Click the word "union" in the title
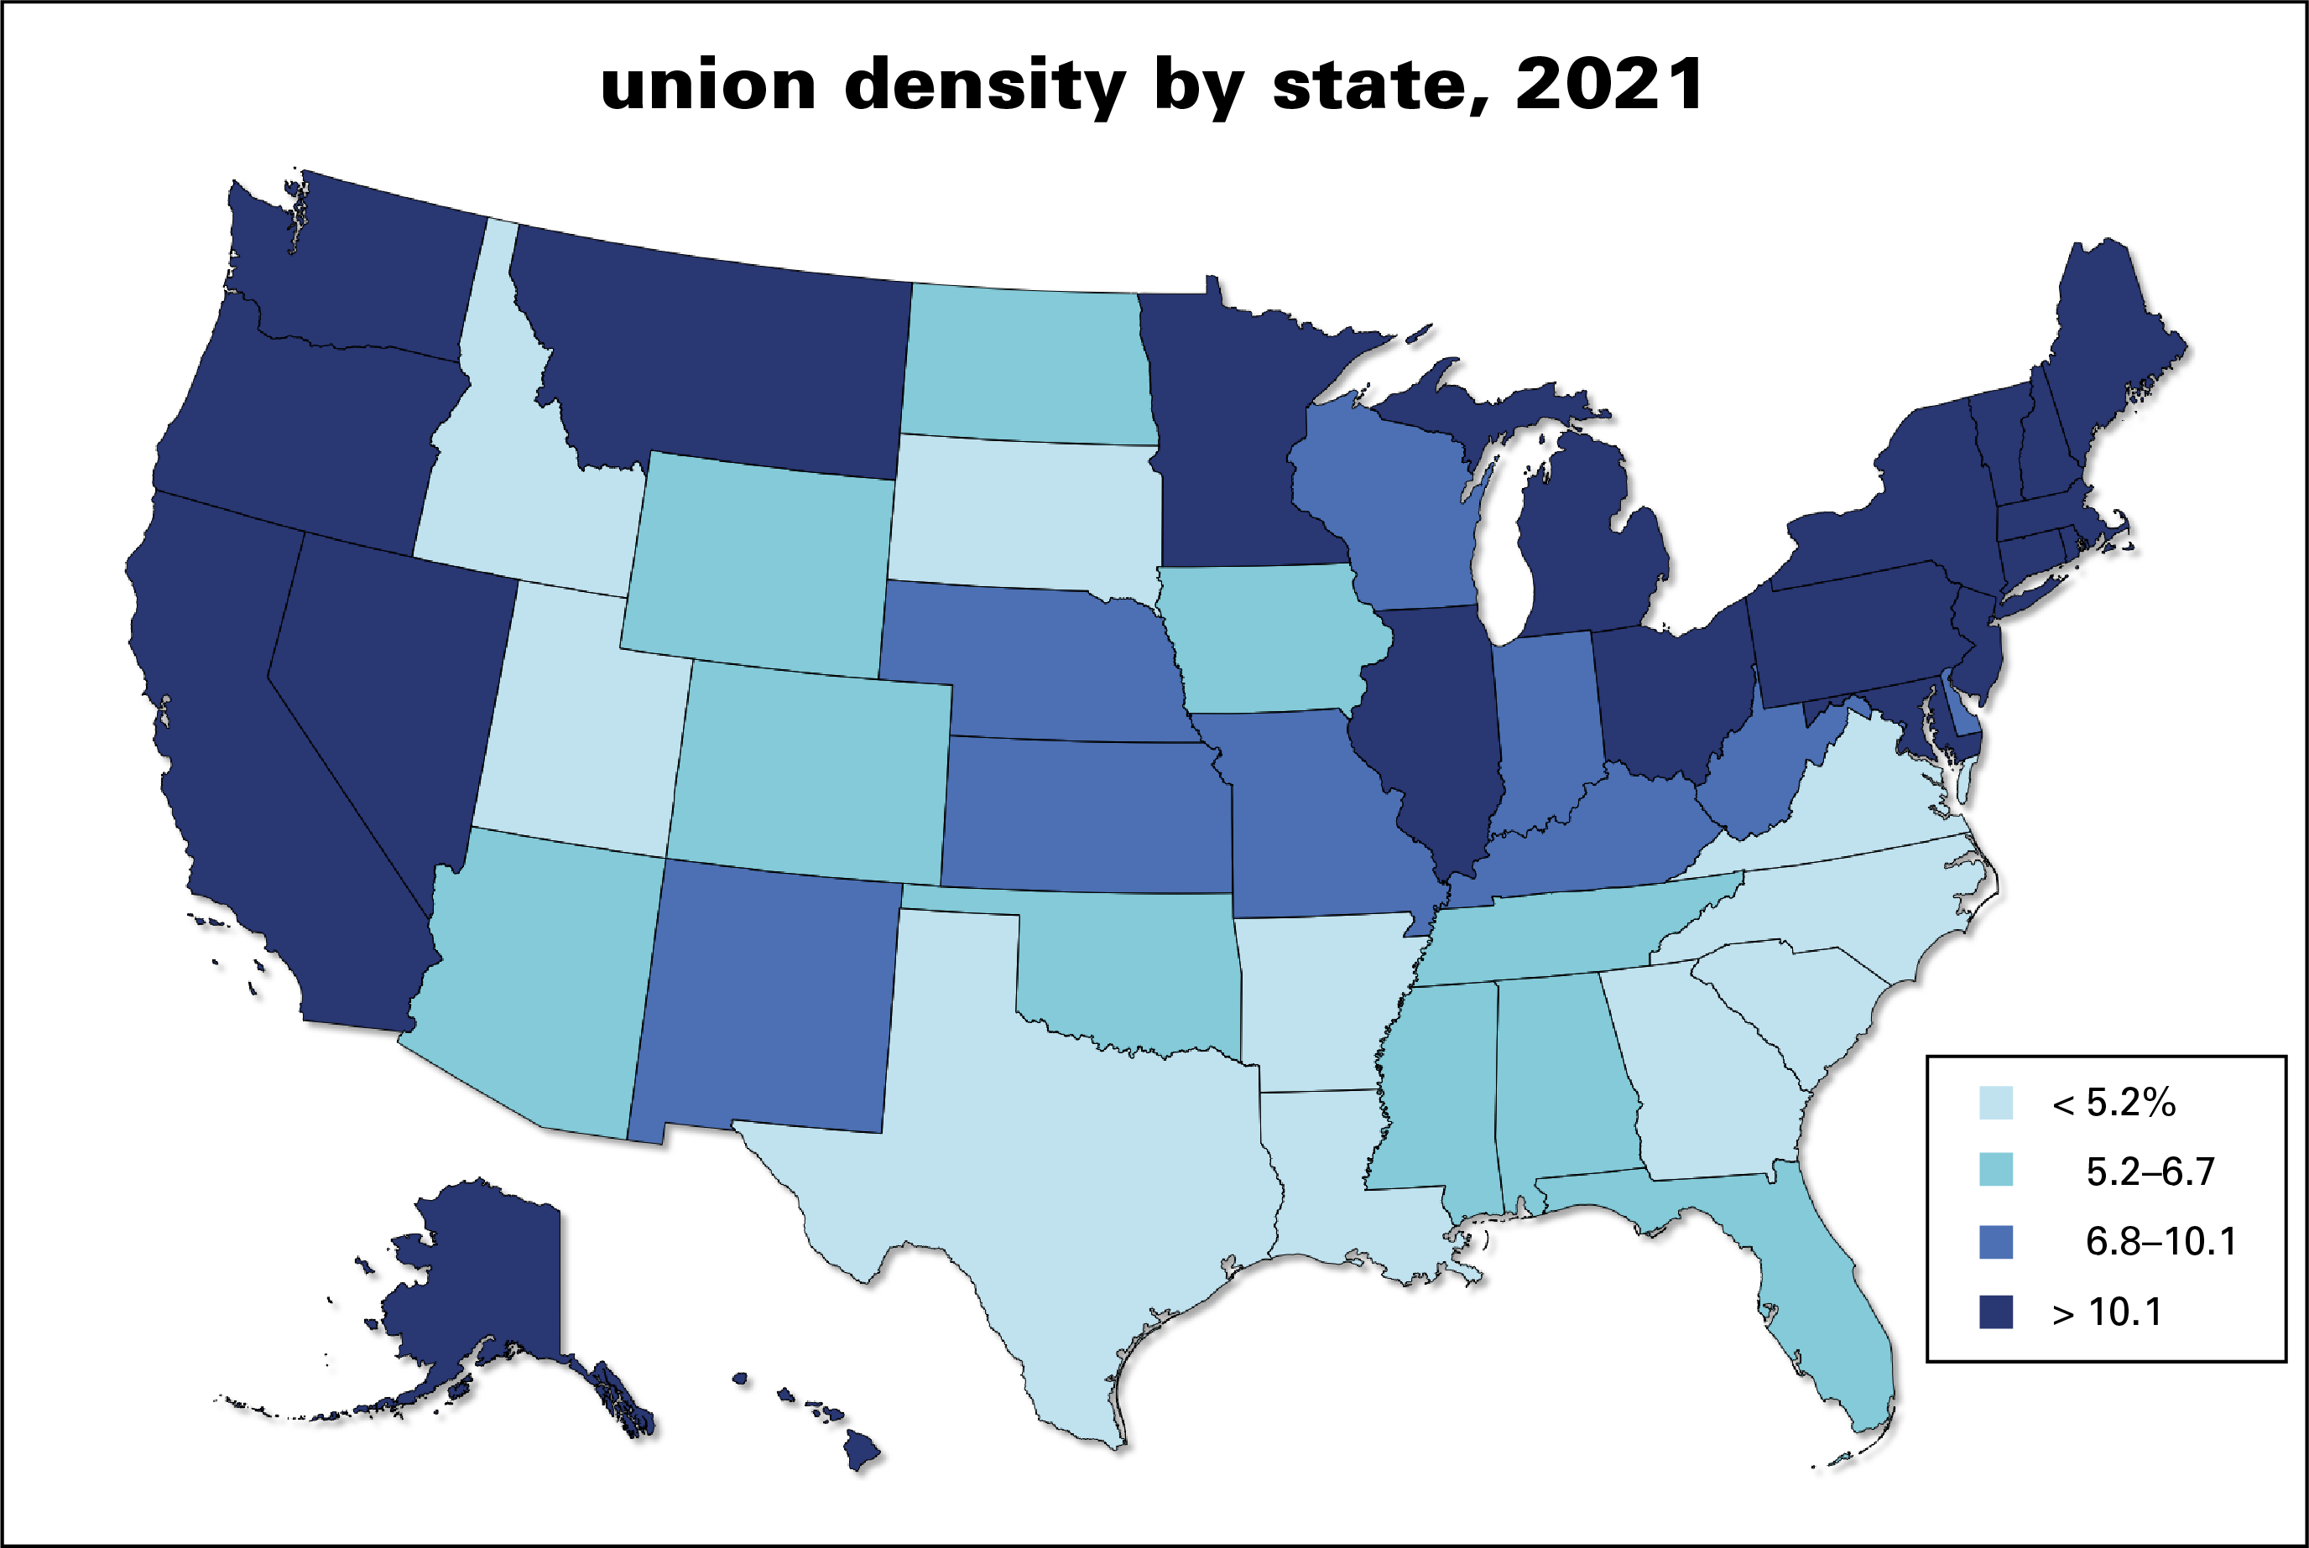(707, 85)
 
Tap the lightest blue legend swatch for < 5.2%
(1996, 1103)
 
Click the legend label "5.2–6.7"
(2150, 1171)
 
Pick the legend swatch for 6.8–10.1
(1996, 1242)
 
